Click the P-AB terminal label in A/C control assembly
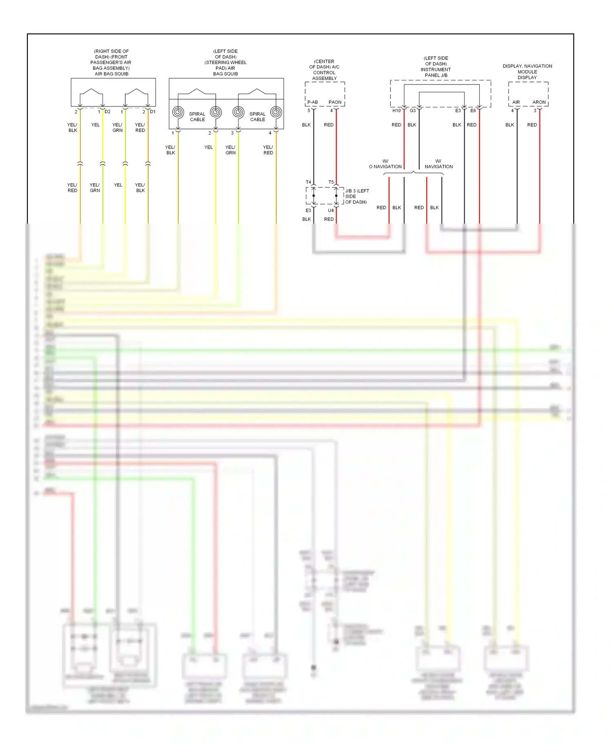click(313, 102)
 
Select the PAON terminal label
click(335, 102)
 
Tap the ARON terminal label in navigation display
click(539, 102)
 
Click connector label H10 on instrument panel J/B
click(396, 111)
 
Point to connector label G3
click(413, 111)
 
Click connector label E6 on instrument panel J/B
click(473, 111)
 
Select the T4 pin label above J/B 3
click(308, 182)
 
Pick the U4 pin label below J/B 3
click(331, 211)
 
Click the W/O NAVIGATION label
click(385, 164)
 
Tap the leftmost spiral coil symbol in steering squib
click(178, 112)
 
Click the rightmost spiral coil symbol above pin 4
click(276, 112)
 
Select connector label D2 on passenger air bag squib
click(108, 111)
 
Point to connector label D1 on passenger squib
click(153, 111)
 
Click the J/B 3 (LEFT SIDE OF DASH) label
click(356, 196)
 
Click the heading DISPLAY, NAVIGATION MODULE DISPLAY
click(527, 71)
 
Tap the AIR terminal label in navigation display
click(516, 102)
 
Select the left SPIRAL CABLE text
click(197, 117)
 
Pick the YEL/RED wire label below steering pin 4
click(268, 150)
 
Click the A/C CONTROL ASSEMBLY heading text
click(324, 70)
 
